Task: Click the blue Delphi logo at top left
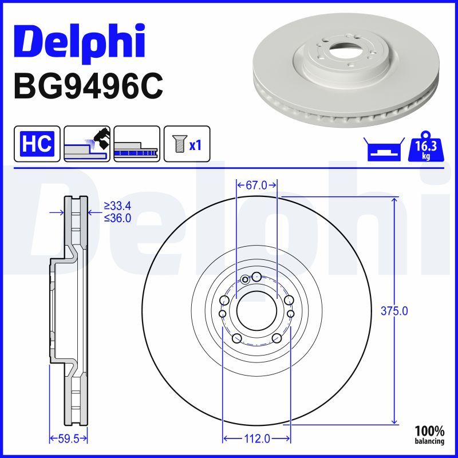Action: pos(79,42)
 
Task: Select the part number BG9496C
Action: pos(88,86)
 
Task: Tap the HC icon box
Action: pos(37,144)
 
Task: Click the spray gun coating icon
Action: pos(87,144)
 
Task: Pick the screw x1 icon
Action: pos(187,144)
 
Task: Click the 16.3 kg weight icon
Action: pos(426,147)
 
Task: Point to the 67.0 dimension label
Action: pos(256,185)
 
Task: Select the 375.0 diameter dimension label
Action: pos(394,311)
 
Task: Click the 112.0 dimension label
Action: pos(256,439)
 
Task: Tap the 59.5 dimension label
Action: pos(69,439)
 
